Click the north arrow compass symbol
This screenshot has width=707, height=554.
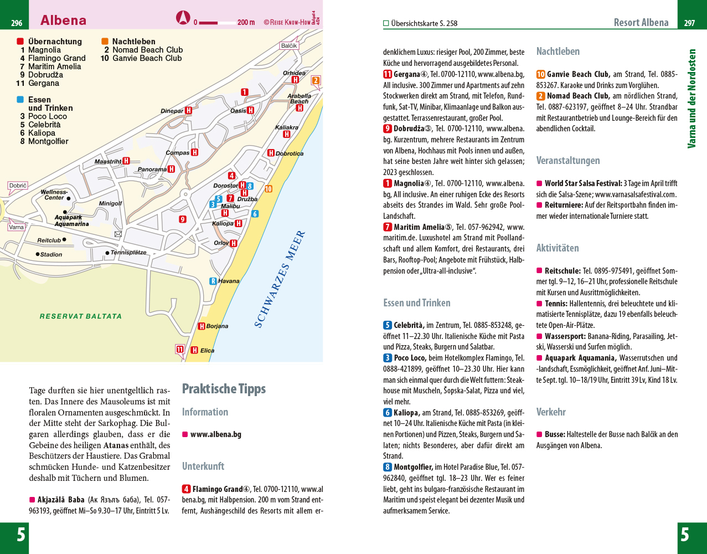coord(183,18)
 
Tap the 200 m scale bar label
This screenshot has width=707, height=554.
coord(246,23)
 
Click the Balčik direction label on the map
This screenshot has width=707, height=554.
coord(288,45)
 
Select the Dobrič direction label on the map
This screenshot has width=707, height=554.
coord(18,186)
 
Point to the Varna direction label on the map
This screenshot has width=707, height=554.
coord(17,227)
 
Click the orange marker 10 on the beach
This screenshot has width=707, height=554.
coord(269,189)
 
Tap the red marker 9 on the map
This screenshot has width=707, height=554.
coord(183,219)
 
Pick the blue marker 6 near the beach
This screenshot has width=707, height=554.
coord(255,214)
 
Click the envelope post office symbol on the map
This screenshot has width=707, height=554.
coord(118,234)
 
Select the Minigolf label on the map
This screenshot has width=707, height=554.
coord(110,203)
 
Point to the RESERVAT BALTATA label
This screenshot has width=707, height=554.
coord(81,316)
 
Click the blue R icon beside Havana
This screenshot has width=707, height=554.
coord(213,281)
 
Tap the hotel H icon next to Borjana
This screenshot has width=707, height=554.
coord(202,326)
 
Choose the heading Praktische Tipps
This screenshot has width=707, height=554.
coord(224,389)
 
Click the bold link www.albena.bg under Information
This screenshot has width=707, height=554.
coord(215,434)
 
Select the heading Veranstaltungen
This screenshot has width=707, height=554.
coord(568,161)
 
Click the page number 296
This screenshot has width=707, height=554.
coord(17,23)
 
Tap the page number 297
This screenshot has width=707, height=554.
coord(689,23)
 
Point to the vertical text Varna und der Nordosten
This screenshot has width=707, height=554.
coord(691,99)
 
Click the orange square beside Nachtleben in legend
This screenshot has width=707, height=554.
coord(105,42)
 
